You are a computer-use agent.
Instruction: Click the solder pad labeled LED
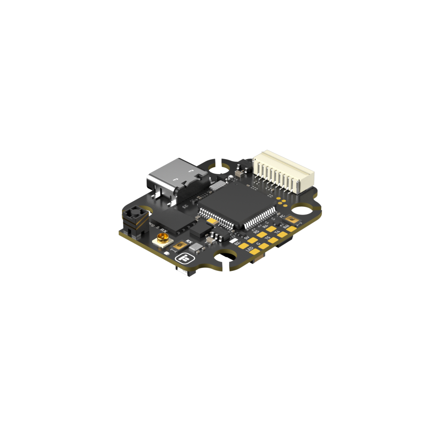pyautogui.click(x=255, y=252)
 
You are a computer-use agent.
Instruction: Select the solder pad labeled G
pyautogui.click(x=264, y=246)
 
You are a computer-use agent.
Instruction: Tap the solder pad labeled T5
pyautogui.click(x=273, y=240)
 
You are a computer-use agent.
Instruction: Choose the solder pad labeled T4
pyautogui.click(x=282, y=234)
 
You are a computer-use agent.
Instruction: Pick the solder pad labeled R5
pyautogui.click(x=262, y=234)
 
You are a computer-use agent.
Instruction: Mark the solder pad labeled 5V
pyautogui.click(x=252, y=240)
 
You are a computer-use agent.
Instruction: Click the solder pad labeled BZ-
pyautogui.click(x=243, y=246)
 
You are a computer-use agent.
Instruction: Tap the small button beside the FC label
pyautogui.click(x=292, y=219)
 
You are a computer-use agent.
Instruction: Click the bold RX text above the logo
pyautogui.click(x=188, y=242)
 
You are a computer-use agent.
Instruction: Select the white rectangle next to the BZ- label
pyautogui.click(x=233, y=240)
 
